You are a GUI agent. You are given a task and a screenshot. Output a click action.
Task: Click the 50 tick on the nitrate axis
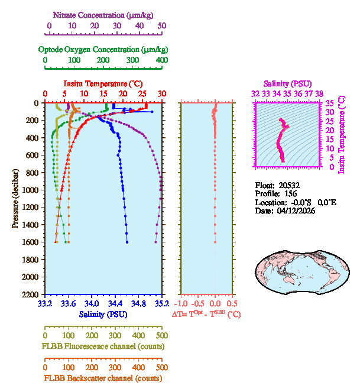click(x=162, y=26)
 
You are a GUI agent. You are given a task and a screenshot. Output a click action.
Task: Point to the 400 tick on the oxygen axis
click(x=162, y=60)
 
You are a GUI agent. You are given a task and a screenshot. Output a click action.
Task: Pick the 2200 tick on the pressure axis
click(x=31, y=294)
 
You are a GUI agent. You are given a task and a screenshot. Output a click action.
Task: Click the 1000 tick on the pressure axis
click(x=31, y=190)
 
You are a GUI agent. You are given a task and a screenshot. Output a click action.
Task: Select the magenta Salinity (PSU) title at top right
click(x=287, y=84)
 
